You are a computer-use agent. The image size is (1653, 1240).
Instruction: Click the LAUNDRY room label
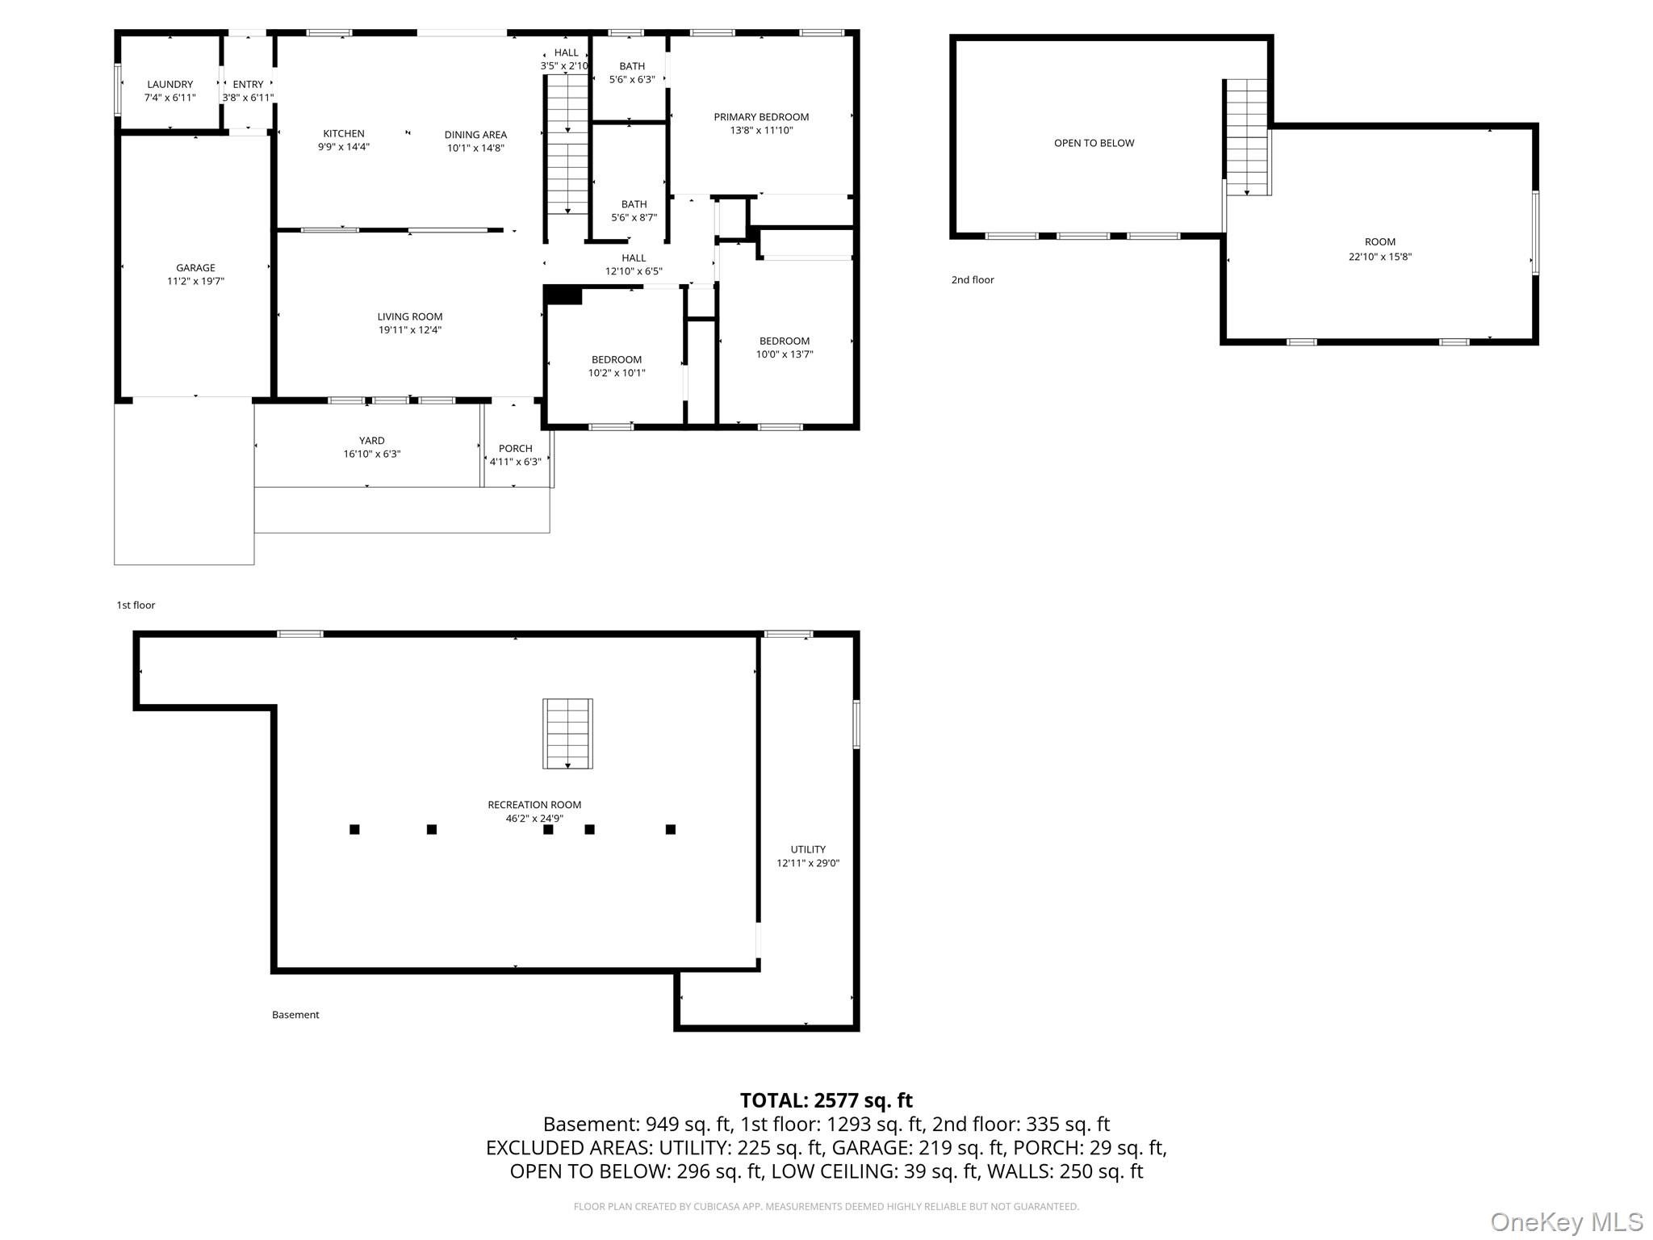tap(169, 85)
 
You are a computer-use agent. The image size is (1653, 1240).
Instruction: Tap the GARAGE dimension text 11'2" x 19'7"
tap(195, 282)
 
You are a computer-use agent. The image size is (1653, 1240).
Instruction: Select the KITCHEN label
tap(344, 134)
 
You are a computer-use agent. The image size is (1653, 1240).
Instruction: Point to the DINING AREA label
tap(475, 135)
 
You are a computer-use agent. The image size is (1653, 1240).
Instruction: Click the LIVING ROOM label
tap(410, 316)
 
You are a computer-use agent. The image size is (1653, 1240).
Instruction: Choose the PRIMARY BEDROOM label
tap(761, 117)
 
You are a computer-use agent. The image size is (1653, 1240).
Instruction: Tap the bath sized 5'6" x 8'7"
tap(634, 211)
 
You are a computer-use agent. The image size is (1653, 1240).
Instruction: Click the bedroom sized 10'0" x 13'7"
tap(784, 348)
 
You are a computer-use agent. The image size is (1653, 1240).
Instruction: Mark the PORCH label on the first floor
tap(515, 449)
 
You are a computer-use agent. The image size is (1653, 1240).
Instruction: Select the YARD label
tap(371, 441)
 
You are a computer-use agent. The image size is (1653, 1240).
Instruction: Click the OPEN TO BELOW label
tap(1094, 143)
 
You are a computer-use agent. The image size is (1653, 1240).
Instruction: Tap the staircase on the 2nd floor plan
tap(1247, 137)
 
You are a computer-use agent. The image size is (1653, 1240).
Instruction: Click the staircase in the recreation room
tap(567, 734)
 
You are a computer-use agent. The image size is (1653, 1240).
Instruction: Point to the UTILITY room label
tap(808, 849)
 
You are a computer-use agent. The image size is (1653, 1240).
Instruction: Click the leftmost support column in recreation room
tap(354, 829)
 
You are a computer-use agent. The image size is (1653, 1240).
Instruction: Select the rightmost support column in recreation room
tap(670, 829)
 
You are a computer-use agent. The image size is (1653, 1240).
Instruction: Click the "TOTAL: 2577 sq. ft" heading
tap(826, 1100)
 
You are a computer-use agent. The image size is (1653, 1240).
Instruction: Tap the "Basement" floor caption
tap(295, 1015)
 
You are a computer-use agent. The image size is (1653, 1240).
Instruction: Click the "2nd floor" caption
tap(973, 280)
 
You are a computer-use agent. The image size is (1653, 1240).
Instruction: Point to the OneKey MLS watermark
tap(1566, 1221)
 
